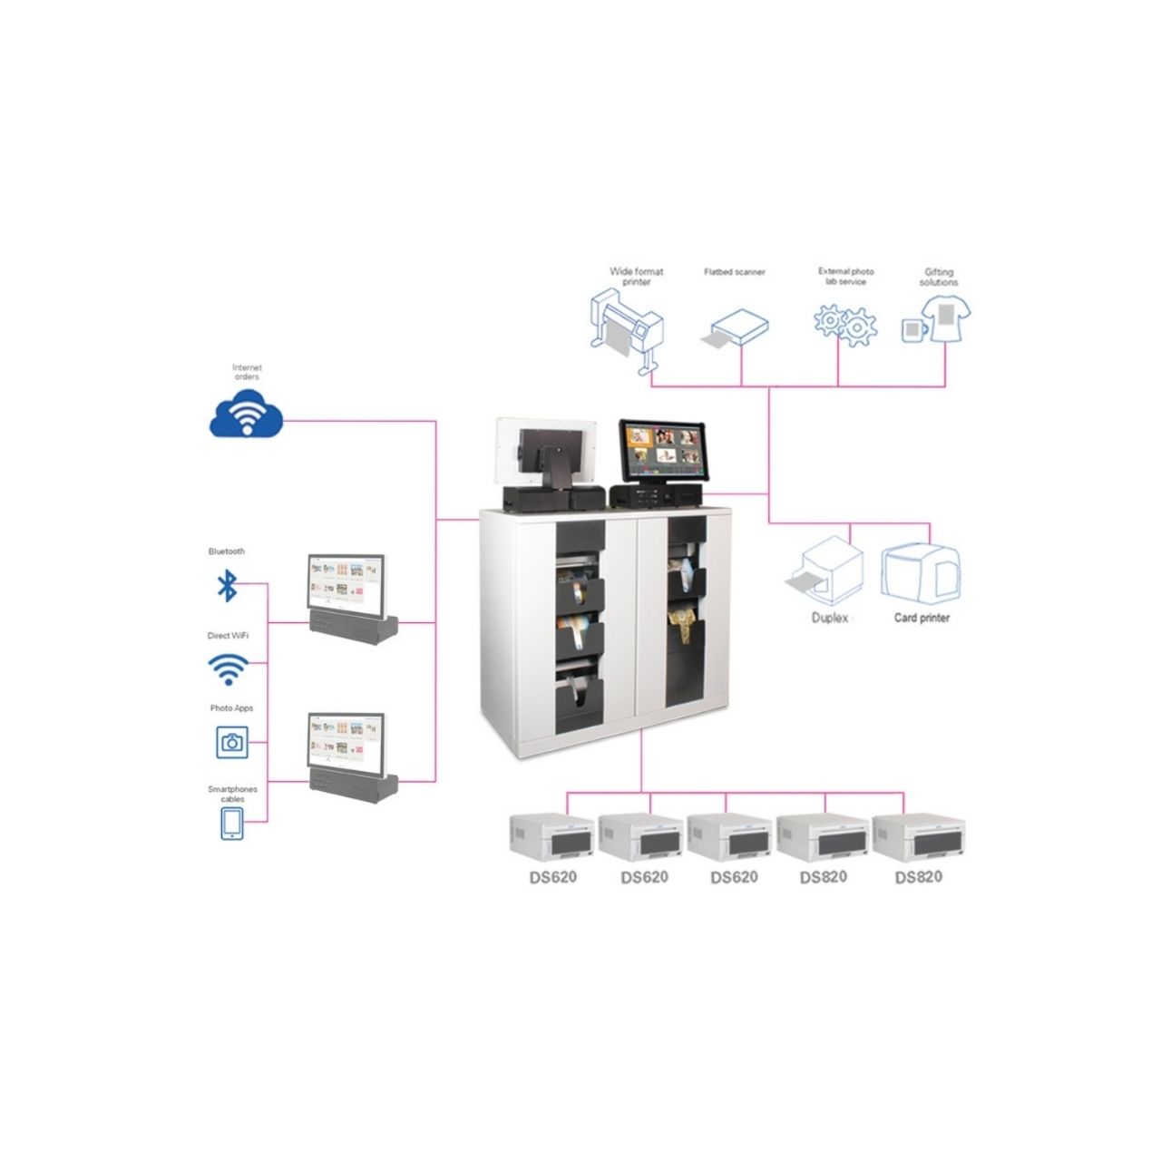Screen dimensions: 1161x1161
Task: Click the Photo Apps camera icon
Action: (232, 742)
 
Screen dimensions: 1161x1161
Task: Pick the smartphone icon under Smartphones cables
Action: (232, 824)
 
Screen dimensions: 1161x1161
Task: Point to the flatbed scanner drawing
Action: (735, 328)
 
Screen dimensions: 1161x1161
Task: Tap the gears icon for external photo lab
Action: (844, 326)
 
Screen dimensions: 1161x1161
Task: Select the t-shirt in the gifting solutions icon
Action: (947, 320)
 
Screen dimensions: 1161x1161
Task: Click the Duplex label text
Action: (830, 618)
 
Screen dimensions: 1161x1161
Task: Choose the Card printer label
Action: (922, 618)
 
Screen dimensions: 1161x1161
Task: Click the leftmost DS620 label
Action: (552, 877)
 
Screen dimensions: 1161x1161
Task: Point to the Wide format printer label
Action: (636, 277)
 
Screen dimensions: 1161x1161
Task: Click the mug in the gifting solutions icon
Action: (912, 331)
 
